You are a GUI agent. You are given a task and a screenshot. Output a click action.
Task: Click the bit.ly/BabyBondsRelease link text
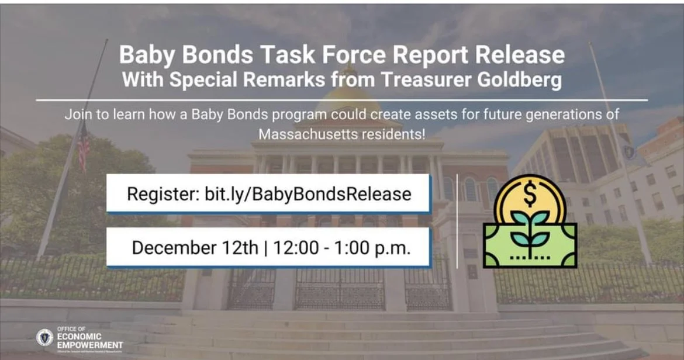pyautogui.click(x=308, y=193)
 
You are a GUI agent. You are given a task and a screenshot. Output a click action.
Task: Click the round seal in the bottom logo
pyautogui.click(x=44, y=337)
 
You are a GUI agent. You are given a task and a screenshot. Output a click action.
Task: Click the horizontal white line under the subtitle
pyautogui.click(x=341, y=100)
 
